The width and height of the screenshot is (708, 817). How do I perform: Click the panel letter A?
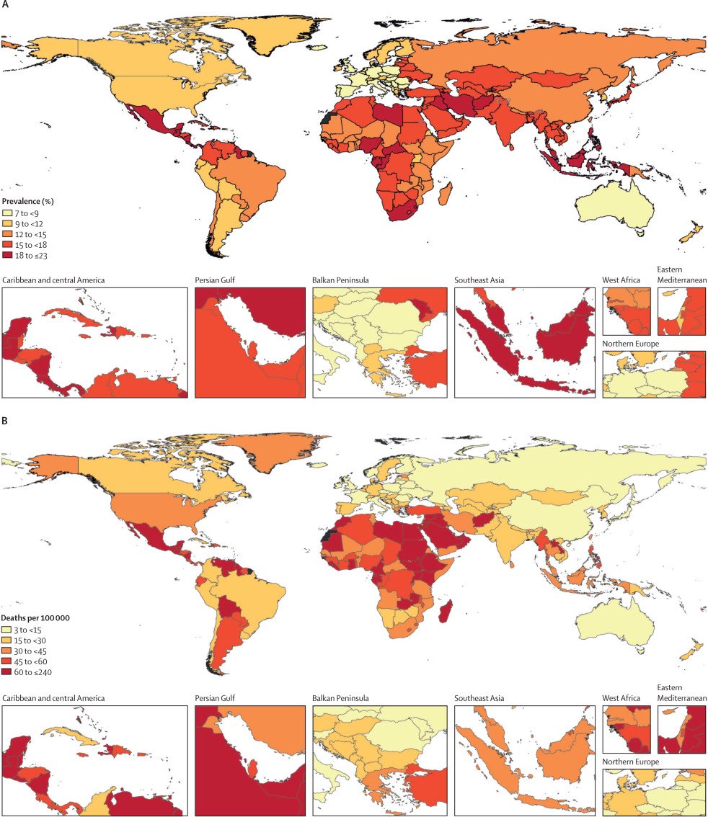tap(6, 6)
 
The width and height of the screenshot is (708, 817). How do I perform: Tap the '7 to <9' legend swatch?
tap(8, 213)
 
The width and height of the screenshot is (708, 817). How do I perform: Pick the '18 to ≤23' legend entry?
tap(29, 256)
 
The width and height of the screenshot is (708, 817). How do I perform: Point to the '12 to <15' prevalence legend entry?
tap(29, 234)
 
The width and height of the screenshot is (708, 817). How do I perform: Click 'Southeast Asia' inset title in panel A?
tap(479, 280)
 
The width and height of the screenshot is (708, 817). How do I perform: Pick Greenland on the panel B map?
tap(285, 450)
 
